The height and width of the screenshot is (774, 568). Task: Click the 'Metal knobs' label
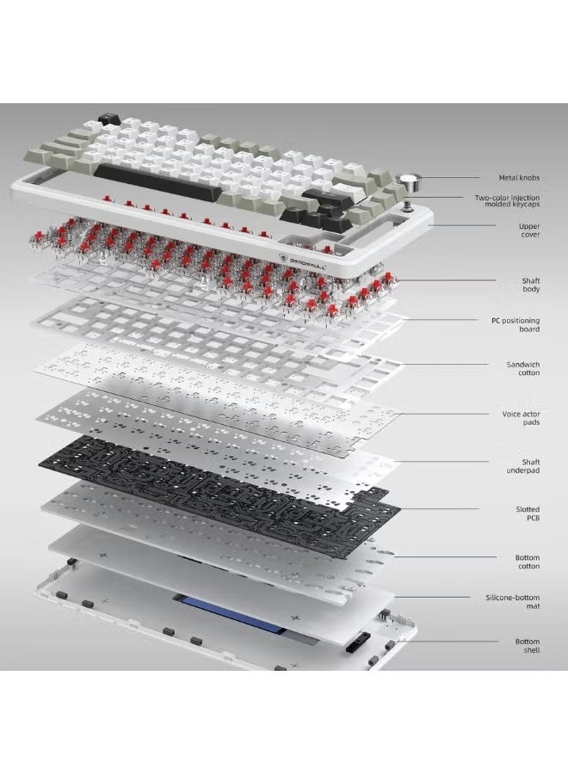tap(519, 178)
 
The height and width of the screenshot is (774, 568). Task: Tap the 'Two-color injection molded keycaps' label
tap(507, 201)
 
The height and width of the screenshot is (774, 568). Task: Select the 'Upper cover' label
tap(529, 230)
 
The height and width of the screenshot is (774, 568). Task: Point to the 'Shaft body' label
tap(530, 285)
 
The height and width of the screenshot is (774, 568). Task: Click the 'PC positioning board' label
tap(516, 325)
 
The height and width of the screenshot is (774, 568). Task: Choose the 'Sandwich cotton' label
tap(523, 369)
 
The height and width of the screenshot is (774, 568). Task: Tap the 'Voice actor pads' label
tap(521, 418)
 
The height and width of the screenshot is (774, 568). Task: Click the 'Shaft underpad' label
tap(523, 466)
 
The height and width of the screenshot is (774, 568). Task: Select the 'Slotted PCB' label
tap(528, 513)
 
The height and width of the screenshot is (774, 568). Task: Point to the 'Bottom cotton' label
tap(527, 562)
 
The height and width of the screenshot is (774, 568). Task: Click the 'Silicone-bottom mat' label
tap(513, 602)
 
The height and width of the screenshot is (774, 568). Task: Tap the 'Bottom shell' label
tap(527, 646)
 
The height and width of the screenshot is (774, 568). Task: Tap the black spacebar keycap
tap(153, 181)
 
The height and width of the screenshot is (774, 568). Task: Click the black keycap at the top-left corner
tap(109, 118)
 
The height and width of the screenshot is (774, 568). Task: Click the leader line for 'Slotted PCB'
tap(439, 509)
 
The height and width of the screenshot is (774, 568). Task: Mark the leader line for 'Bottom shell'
tap(452, 642)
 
